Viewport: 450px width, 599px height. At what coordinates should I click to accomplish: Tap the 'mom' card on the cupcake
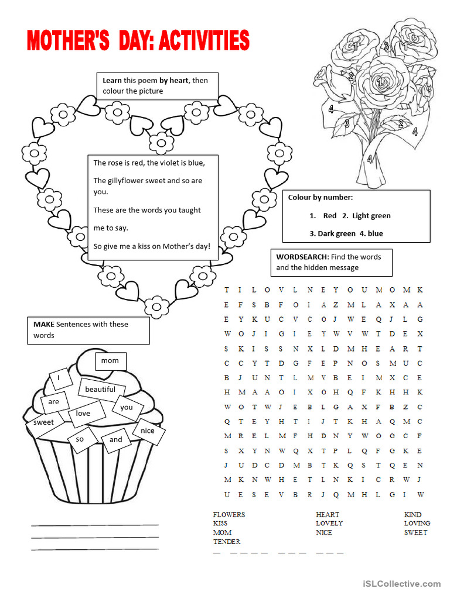click(x=110, y=361)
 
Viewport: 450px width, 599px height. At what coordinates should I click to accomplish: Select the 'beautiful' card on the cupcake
click(x=100, y=390)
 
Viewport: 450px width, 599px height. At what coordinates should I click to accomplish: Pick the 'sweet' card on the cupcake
click(x=43, y=422)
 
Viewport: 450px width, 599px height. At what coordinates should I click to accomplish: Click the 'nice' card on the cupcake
click(x=148, y=431)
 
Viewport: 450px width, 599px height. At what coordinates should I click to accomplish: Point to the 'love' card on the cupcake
click(x=83, y=414)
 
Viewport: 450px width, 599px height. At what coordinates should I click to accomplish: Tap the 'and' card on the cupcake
click(x=116, y=440)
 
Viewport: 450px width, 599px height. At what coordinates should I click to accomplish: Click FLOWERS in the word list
click(x=229, y=515)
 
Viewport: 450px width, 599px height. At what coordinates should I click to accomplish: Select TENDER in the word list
click(x=227, y=542)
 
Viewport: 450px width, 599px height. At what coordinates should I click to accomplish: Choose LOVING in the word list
click(x=417, y=524)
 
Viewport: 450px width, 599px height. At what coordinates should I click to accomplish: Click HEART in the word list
click(x=328, y=515)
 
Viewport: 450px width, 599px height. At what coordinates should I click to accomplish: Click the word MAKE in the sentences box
click(x=44, y=324)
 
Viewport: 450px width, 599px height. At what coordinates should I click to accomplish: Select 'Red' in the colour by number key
click(x=329, y=216)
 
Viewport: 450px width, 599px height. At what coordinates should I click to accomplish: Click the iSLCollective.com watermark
click(x=401, y=583)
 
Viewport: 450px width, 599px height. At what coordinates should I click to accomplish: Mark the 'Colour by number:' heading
click(x=321, y=198)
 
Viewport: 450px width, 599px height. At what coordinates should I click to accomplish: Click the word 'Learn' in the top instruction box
click(x=112, y=81)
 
